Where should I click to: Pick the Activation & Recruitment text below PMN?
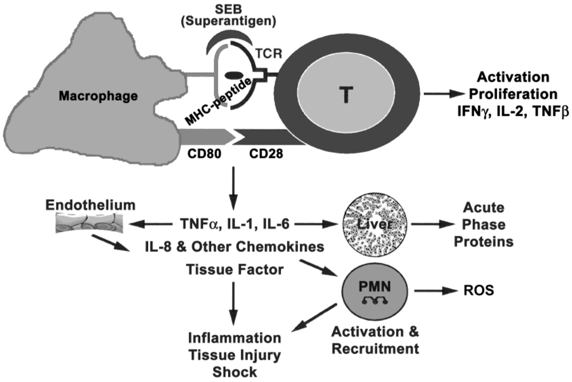click(x=375, y=340)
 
